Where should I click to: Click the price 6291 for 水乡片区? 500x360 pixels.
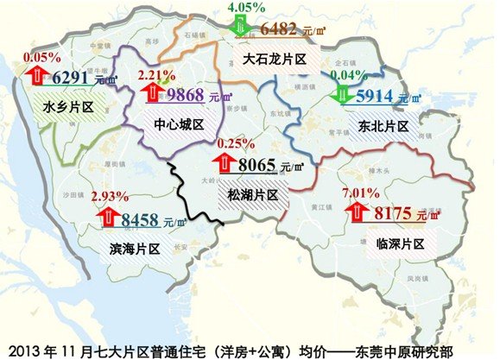pos(72,79)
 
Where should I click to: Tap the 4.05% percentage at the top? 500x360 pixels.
pos(244,8)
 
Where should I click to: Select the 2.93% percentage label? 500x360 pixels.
pos(113,197)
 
